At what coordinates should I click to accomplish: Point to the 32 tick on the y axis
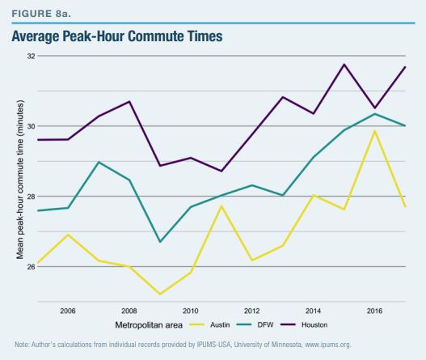click(x=30, y=57)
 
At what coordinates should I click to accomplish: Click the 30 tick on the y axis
click(x=30, y=126)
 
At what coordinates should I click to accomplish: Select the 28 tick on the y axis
click(x=30, y=197)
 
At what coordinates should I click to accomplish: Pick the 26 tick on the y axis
click(x=30, y=266)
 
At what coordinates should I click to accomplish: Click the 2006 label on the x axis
click(x=67, y=310)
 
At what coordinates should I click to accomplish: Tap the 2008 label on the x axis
click(x=129, y=310)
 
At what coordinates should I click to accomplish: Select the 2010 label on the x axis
click(x=190, y=310)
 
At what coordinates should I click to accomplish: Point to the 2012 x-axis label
click(x=251, y=310)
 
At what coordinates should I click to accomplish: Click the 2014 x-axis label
click(x=314, y=310)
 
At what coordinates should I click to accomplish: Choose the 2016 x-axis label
click(x=375, y=310)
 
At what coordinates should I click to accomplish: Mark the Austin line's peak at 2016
click(x=375, y=131)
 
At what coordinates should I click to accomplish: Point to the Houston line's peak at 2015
click(x=344, y=65)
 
